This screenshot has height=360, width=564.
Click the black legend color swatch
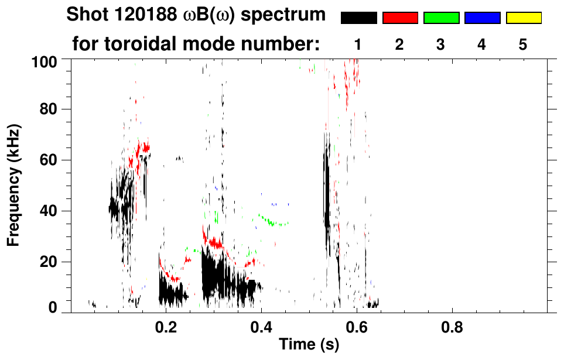[x=358, y=18]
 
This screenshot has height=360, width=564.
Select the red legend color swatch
[x=400, y=18]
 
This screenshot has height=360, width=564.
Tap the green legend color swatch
[x=441, y=18]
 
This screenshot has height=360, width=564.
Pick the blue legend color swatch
[x=482, y=18]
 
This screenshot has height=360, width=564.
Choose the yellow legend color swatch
[x=523, y=18]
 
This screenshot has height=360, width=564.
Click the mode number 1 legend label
[x=358, y=44]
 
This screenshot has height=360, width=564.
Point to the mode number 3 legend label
[x=440, y=44]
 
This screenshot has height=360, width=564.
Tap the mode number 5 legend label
[x=523, y=44]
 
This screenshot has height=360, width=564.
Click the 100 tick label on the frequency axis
[x=45, y=61]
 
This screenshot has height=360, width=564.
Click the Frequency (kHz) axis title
[x=14, y=185]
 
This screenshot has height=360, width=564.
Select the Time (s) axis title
[x=309, y=345]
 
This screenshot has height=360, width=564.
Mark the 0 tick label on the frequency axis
[x=53, y=307]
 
